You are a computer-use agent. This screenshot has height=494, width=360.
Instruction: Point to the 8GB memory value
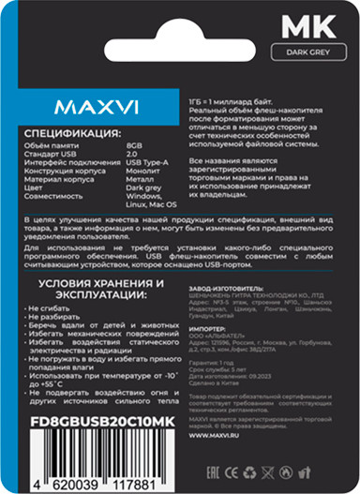tap(134, 148)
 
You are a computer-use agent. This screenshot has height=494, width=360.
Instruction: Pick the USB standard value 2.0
tap(132, 157)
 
